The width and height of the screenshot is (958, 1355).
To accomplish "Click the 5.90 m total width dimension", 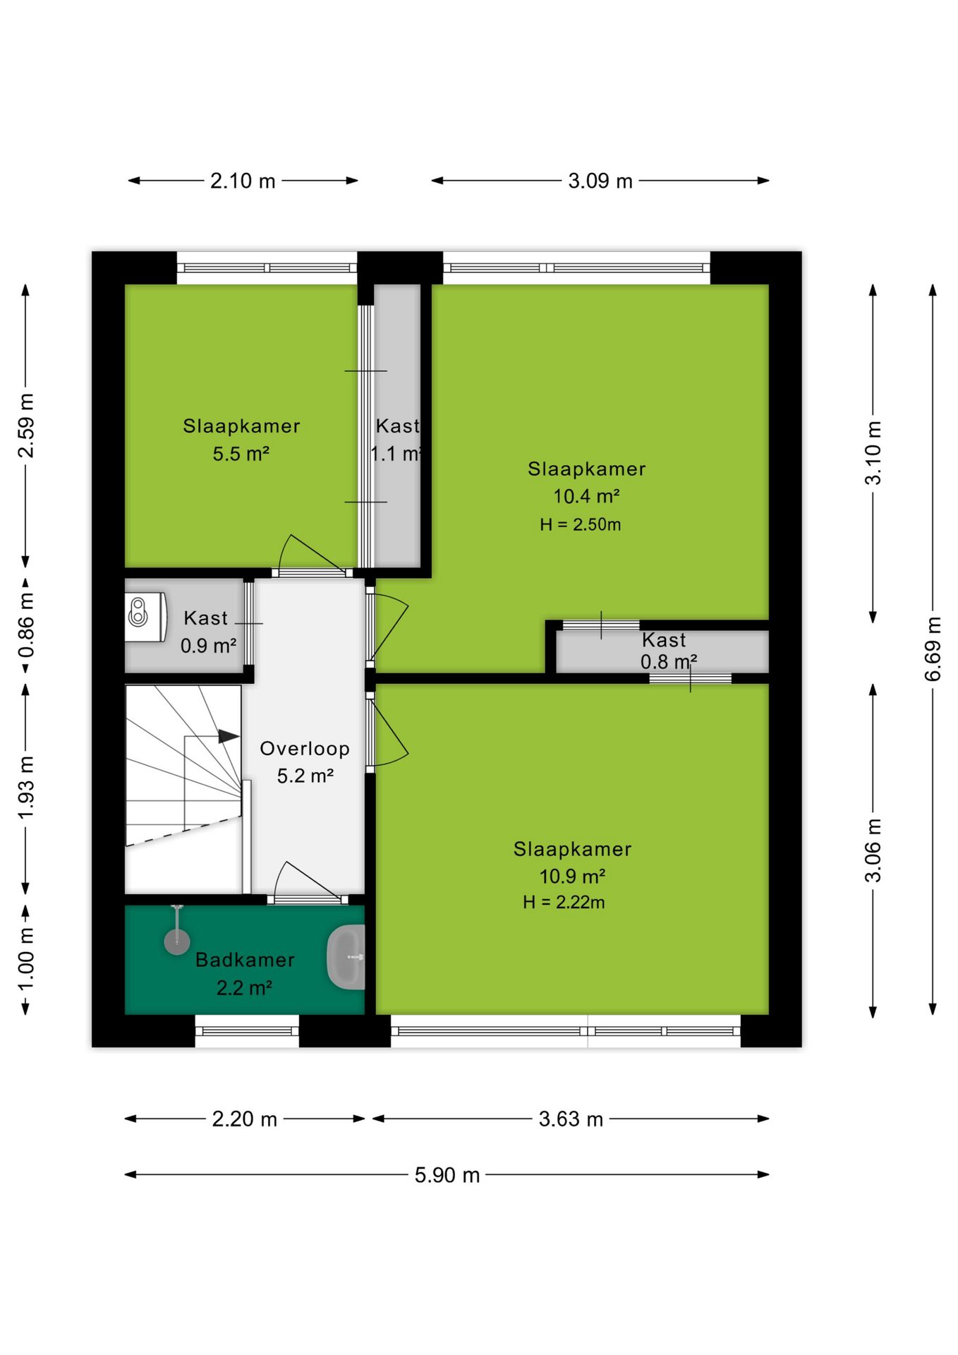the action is coord(447,1175).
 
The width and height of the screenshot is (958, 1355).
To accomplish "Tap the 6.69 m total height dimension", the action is coord(933,649).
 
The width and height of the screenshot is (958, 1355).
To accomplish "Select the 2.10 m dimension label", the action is coord(243,181).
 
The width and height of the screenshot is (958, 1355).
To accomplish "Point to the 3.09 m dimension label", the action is coord(600,181).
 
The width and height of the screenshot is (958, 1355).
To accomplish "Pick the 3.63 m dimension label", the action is coord(571,1119).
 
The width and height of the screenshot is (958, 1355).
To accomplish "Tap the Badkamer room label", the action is coord(245,960).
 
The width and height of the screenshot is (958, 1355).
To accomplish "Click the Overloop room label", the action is coord(305,748).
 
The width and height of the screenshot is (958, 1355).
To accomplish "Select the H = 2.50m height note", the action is coord(581,524).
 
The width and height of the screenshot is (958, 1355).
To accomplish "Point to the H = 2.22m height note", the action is coord(564,902).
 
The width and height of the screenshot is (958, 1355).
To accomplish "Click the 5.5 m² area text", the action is coord(241,454).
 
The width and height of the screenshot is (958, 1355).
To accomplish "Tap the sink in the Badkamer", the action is coord(346,958).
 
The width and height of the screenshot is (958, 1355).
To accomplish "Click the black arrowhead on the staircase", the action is coord(229,736).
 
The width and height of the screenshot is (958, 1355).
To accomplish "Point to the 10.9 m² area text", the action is coord(572,877).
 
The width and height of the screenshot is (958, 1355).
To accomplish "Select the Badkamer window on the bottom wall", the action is coord(247,1031).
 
